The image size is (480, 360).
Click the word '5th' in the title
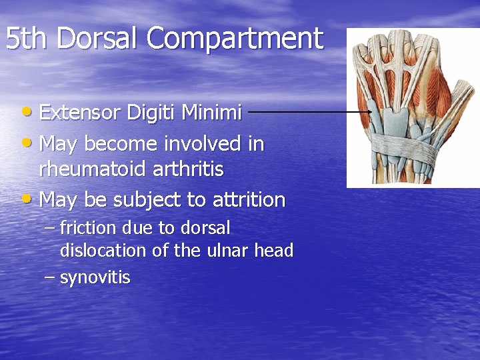[27, 39]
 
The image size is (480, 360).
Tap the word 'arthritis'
[189, 169]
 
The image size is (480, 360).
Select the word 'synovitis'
[95, 277]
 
